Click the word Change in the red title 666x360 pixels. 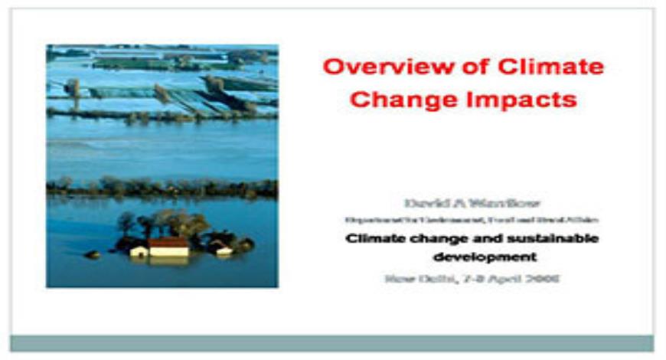403,100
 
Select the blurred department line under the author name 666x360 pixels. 472,220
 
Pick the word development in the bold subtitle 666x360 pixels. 496,257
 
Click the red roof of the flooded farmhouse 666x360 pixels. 168,243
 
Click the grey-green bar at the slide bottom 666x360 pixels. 331,343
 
